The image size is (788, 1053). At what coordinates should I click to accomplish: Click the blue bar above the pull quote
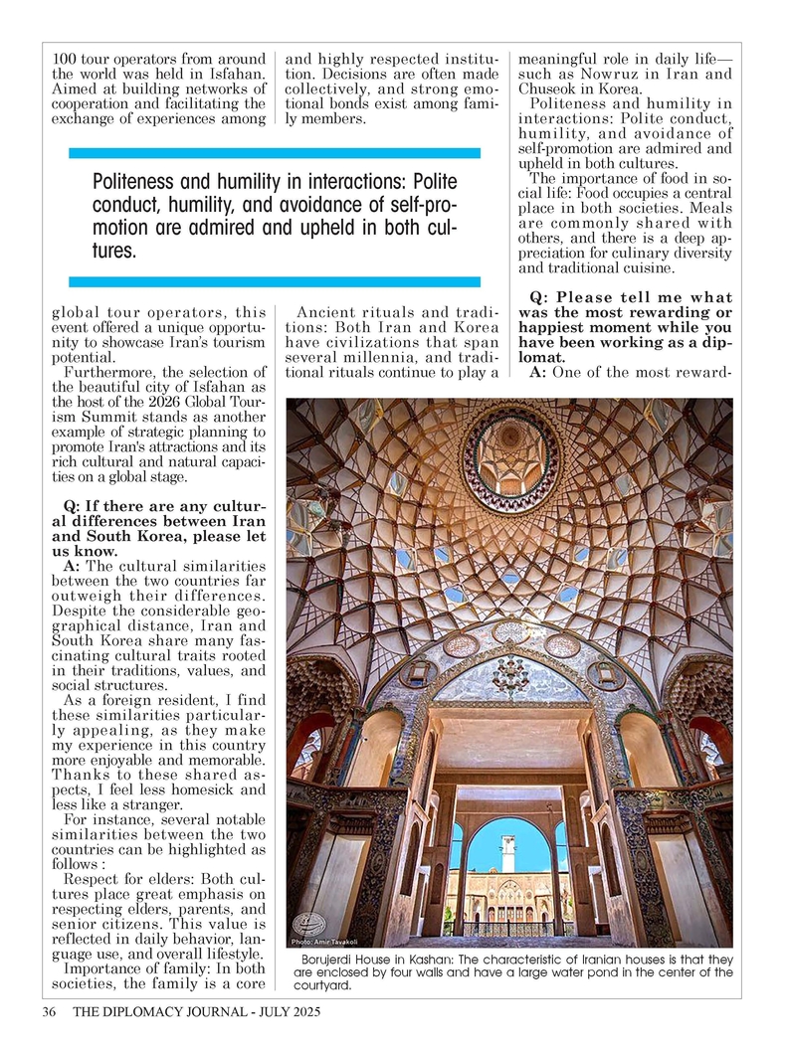point(274,153)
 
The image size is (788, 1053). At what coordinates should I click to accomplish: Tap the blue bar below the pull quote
point(274,281)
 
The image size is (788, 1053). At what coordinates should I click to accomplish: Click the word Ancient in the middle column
point(324,314)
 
